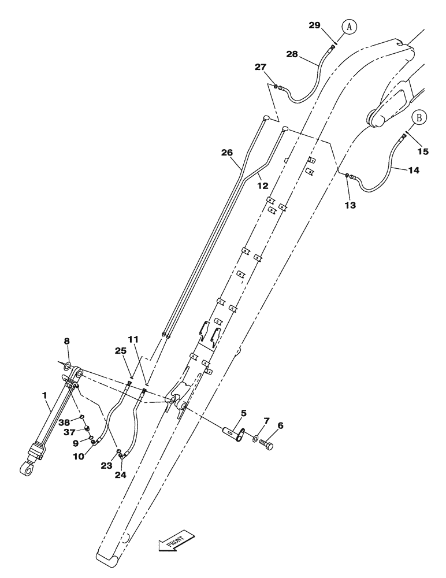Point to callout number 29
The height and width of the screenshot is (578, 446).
click(x=314, y=25)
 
